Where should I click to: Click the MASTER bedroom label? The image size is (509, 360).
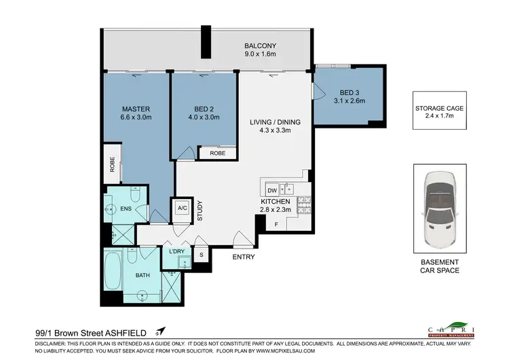pos(136,109)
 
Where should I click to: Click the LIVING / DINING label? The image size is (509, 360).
pos(275,122)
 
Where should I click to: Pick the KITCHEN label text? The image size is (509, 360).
pos(276,202)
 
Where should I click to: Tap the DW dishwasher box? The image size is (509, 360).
pos(272,190)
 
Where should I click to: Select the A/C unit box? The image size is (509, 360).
pos(182,209)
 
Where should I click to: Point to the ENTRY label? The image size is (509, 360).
pos(244,257)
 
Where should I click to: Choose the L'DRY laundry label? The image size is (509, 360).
pos(176,252)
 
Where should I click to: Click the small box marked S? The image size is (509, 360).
pos(201,255)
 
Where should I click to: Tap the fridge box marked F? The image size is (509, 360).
pos(276,224)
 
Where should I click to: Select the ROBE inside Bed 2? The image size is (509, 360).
pos(217,154)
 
